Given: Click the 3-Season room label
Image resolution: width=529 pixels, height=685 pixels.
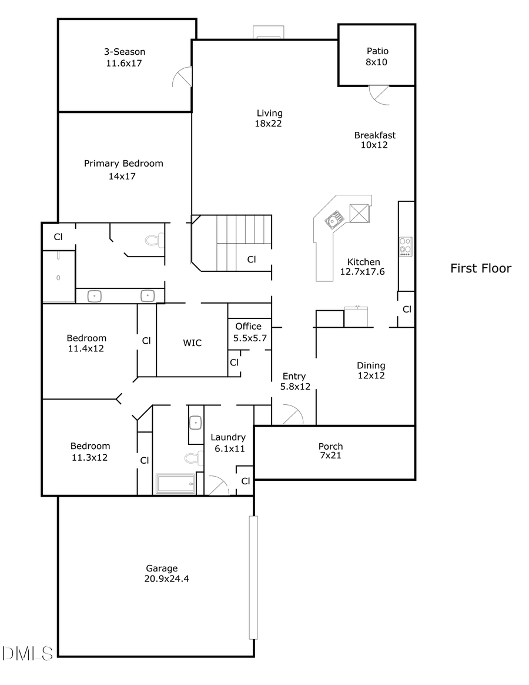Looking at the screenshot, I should pyautogui.click(x=124, y=52).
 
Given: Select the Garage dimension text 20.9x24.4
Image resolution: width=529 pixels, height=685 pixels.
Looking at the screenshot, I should pyautogui.click(x=166, y=578).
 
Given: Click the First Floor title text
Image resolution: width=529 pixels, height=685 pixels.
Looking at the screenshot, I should pyautogui.click(x=481, y=268).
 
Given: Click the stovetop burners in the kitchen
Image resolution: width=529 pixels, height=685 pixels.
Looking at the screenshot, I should pyautogui.click(x=406, y=247).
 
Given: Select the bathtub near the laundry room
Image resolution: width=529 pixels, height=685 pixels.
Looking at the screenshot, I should pyautogui.click(x=175, y=484).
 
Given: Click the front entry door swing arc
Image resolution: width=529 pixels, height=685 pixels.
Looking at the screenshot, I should pyautogui.click(x=292, y=414).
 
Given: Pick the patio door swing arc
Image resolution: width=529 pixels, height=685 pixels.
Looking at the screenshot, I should pyautogui.click(x=379, y=95).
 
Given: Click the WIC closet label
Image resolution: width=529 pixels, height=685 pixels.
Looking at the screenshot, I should pyautogui.click(x=192, y=342).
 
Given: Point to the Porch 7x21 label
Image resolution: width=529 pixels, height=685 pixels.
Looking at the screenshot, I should pyautogui.click(x=330, y=451).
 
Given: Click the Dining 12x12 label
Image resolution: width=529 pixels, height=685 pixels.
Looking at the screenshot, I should pyautogui.click(x=371, y=370).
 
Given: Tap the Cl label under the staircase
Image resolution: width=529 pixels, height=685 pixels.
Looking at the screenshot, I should pyautogui.click(x=251, y=259).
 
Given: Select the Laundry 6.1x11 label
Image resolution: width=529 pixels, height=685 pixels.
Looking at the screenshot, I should pyautogui.click(x=227, y=443).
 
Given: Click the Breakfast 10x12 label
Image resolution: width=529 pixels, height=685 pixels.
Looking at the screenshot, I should pyautogui.click(x=374, y=140).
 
